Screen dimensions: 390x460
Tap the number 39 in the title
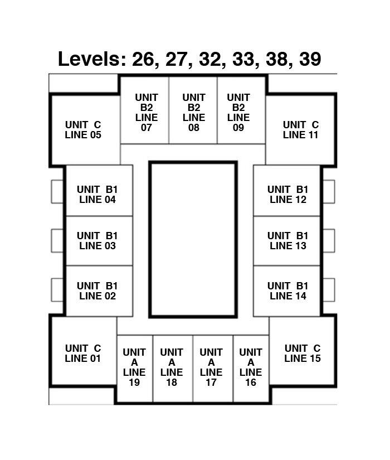(x=310, y=59)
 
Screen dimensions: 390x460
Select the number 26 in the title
(x=143, y=59)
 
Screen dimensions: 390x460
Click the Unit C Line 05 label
(x=83, y=130)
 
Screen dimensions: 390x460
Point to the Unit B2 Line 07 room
(x=145, y=110)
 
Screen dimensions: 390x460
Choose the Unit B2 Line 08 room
(x=193, y=110)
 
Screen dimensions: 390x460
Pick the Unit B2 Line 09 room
(x=241, y=110)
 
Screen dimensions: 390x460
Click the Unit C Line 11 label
(x=301, y=130)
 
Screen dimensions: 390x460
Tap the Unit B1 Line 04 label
(x=97, y=195)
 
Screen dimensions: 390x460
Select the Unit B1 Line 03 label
(x=97, y=240)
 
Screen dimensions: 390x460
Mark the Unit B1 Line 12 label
(x=287, y=195)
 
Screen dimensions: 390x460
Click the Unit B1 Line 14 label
(x=287, y=290)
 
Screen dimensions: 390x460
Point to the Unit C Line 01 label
(x=83, y=353)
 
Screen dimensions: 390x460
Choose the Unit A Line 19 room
(x=135, y=369)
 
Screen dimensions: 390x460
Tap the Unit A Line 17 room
(x=213, y=369)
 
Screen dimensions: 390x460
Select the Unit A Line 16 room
(x=251, y=369)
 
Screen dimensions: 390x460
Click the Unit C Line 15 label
(x=303, y=353)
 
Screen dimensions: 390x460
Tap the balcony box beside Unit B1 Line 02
(x=57, y=290)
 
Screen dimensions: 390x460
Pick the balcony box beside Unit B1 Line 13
(x=329, y=241)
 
